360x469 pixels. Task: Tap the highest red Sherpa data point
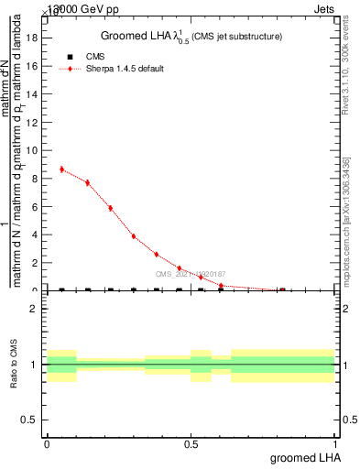pyautogui.click(x=61, y=169)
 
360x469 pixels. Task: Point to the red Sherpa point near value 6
pyautogui.click(x=110, y=208)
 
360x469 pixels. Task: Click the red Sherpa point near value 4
pyautogui.click(x=134, y=236)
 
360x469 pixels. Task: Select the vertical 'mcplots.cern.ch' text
pyautogui.click(x=349, y=229)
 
